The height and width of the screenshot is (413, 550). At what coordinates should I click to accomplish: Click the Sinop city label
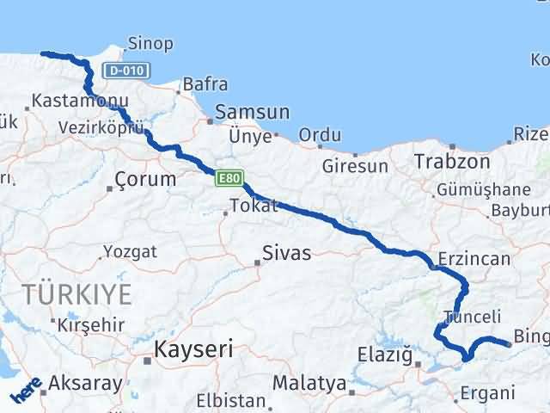pos(150,43)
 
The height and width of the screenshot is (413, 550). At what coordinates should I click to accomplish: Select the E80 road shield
pos(227,178)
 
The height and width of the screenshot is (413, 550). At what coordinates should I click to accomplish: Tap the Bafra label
pos(205,84)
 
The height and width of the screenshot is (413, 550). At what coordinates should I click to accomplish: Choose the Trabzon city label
pos(452,161)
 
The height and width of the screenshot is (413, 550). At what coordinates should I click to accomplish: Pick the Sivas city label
pos(288,253)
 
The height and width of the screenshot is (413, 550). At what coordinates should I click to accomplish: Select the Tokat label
pos(254,206)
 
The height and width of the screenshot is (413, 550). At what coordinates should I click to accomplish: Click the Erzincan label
pos(474,258)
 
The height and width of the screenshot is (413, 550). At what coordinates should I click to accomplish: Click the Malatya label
pos(309,383)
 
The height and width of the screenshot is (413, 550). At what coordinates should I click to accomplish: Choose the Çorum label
pos(146,180)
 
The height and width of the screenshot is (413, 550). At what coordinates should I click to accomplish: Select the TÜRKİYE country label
pos(77,294)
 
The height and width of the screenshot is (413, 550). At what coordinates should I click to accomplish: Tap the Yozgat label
pos(130,251)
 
